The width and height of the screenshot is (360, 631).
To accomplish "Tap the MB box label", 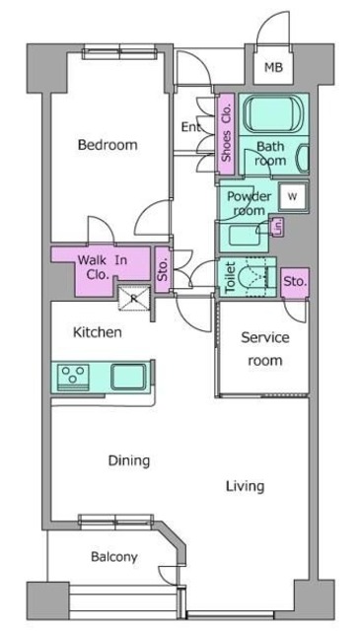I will click(271, 69).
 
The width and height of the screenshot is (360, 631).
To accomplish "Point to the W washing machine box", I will click(292, 195).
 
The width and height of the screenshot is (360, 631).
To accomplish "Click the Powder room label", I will click(249, 203).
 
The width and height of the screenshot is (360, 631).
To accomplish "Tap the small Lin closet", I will click(278, 229).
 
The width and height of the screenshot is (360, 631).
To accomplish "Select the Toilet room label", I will click(229, 278).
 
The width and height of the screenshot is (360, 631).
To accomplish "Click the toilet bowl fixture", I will click(259, 275).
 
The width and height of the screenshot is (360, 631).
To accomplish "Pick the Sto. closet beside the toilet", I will click(295, 282).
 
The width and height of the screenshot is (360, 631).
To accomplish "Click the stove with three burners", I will click(72, 376).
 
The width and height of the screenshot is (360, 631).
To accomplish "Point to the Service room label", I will click(266, 349).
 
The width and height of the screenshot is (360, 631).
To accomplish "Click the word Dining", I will click(129, 460).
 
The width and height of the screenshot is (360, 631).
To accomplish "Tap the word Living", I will click(245, 486).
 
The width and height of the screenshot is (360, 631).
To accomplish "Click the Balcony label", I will click(114, 557).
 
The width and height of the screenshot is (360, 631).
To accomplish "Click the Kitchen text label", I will click(98, 333).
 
